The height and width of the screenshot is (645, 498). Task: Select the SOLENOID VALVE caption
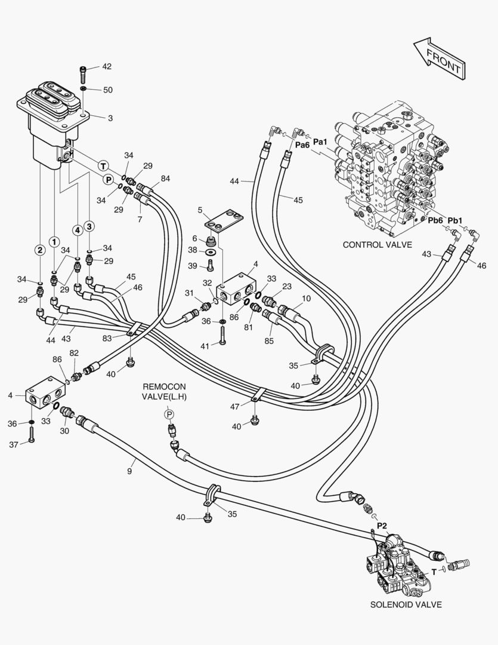406,604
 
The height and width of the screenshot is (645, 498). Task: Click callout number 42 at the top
107,66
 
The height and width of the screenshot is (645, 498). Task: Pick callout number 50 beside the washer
107,90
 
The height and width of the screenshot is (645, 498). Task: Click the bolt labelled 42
83,73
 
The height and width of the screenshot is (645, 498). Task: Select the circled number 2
39,250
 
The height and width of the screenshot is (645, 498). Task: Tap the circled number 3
89,226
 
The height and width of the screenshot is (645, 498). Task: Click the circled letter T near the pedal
103,165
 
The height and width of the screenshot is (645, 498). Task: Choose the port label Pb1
455,219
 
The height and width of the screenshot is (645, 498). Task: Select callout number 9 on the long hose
129,471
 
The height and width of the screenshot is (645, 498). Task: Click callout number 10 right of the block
306,298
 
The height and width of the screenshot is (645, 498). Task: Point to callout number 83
107,339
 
